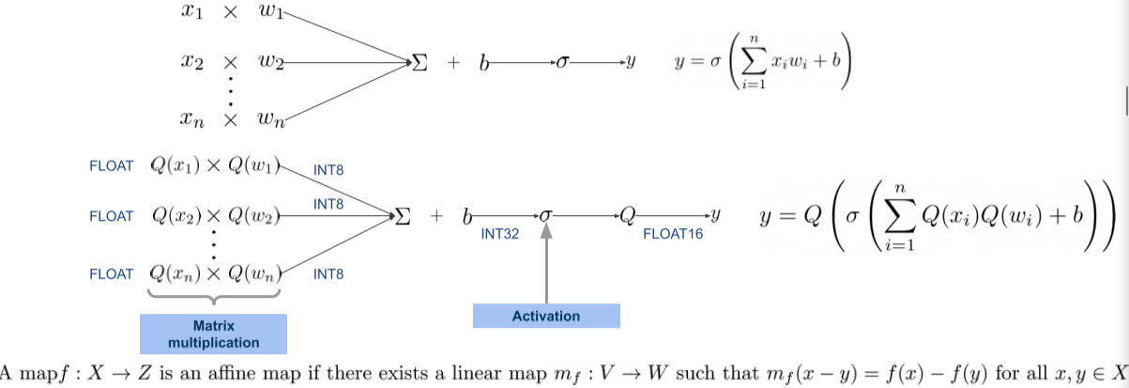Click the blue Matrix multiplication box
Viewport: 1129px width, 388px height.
[213, 333]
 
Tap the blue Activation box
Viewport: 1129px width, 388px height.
[546, 317]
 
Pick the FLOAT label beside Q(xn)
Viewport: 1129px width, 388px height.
[112, 273]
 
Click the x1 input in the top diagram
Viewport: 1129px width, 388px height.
[191, 14]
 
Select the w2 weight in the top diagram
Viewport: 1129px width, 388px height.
[272, 63]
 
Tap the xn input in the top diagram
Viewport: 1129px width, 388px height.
[191, 118]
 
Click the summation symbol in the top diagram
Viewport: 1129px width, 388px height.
[420, 63]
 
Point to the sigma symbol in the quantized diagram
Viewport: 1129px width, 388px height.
[545, 216]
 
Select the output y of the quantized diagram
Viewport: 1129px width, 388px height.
[715, 216]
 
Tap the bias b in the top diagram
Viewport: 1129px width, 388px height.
[484, 63]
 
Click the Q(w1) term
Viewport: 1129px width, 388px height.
[254, 166]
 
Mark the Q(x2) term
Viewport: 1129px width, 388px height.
[177, 216]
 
